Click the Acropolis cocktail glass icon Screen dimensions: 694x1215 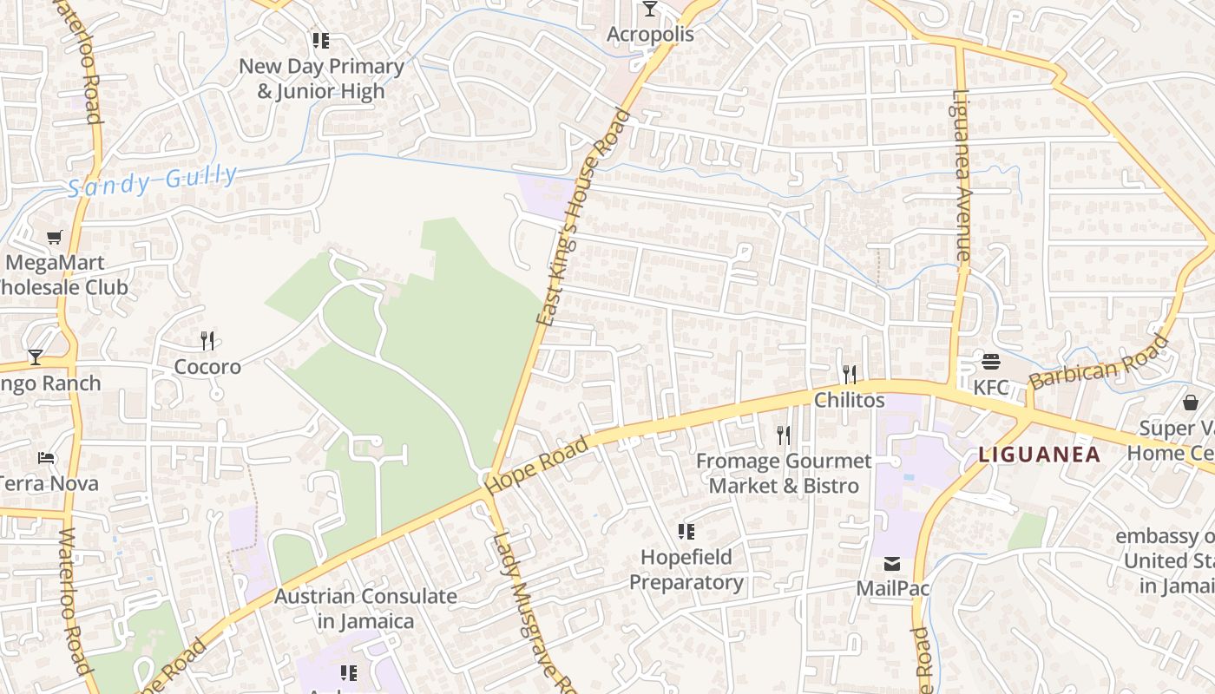649,10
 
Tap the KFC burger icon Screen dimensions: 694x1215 991,361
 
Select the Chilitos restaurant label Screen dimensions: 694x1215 849,400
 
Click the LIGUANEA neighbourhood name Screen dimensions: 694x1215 1039,454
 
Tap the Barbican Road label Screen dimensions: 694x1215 1099,363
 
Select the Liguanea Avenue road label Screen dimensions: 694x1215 960,176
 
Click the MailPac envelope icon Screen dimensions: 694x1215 892,564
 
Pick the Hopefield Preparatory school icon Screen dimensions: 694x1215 686,531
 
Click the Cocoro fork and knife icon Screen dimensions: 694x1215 207,340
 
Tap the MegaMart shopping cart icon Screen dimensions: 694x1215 55,237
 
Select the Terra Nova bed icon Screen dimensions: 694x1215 46,457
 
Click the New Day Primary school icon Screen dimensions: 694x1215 321,40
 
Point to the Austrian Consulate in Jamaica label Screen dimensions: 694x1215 365,609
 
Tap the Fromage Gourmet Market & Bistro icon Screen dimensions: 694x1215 783,435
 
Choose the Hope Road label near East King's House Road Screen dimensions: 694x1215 537,466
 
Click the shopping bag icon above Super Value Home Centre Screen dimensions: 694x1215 1190,403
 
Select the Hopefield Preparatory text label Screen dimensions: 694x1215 686,569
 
